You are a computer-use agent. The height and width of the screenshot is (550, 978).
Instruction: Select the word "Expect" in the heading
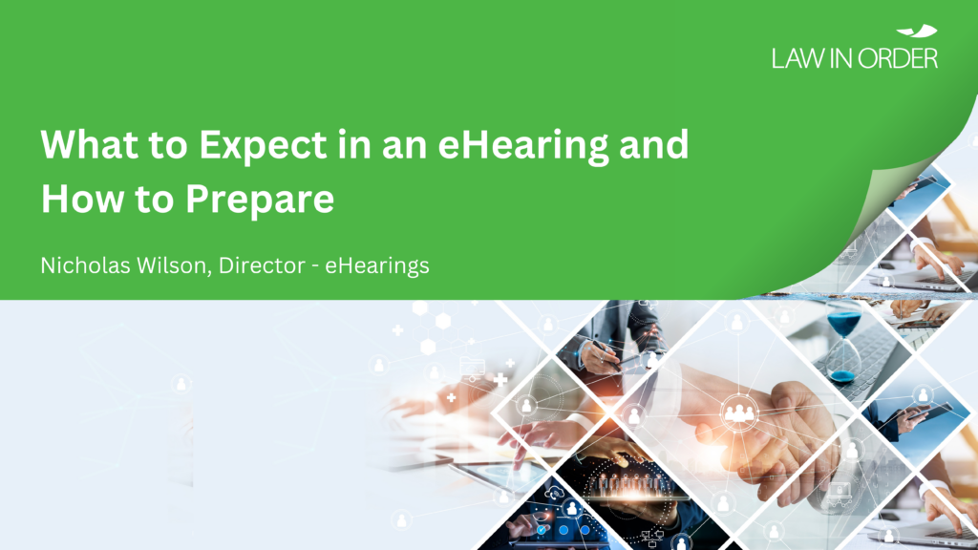[x=263, y=146]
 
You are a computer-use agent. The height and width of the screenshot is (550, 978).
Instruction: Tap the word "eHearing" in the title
[x=523, y=146]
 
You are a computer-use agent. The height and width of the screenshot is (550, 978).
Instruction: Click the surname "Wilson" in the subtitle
[x=175, y=265]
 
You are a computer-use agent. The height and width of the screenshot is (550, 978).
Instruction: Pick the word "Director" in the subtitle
[x=262, y=265]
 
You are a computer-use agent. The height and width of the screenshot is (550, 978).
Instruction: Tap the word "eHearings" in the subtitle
[x=376, y=266]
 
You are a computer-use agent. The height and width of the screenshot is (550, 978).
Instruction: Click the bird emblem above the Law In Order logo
[x=918, y=31]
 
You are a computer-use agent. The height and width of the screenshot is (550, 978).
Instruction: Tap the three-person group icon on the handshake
[x=738, y=412]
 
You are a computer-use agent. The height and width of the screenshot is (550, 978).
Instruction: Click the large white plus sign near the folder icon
[x=500, y=379]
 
